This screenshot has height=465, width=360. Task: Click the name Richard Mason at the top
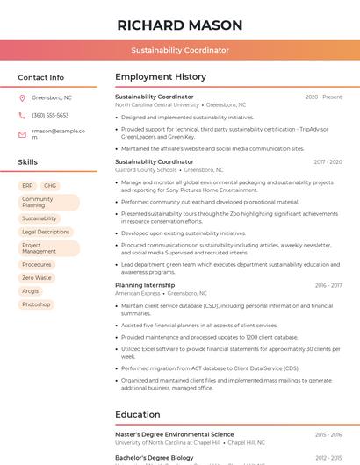(x=179, y=25)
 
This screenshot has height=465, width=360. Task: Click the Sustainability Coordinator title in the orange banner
(x=180, y=50)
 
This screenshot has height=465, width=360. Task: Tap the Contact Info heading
(x=40, y=77)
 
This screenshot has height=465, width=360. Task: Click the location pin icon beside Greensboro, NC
(x=22, y=97)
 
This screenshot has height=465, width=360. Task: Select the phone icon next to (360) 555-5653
(x=22, y=115)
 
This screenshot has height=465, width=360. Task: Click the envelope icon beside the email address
(x=22, y=134)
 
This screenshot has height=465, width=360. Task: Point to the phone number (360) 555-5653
(x=50, y=115)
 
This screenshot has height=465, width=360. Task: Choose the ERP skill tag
(x=27, y=186)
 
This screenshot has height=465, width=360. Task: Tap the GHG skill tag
(x=50, y=186)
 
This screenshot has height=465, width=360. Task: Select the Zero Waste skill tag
(x=37, y=277)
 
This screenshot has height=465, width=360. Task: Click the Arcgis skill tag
(x=31, y=290)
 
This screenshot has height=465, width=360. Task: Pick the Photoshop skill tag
(x=36, y=304)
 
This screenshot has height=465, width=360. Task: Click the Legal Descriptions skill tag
(x=46, y=232)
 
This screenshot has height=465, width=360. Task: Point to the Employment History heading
(x=161, y=77)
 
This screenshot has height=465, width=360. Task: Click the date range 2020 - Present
(x=323, y=97)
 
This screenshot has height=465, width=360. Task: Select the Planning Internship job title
(x=145, y=285)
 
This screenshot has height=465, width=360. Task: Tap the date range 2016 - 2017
(x=328, y=285)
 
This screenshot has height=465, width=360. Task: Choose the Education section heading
(x=138, y=414)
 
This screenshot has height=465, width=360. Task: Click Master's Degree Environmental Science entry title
(x=174, y=434)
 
